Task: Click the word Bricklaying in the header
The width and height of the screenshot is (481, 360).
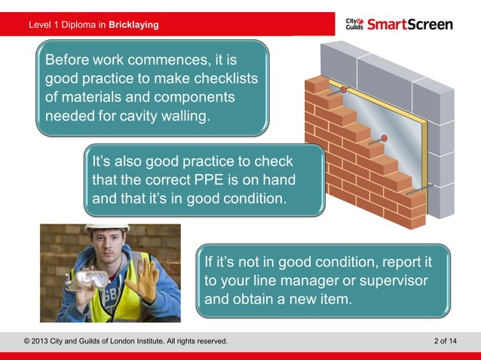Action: (133, 25)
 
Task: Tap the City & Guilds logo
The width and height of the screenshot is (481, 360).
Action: (354, 24)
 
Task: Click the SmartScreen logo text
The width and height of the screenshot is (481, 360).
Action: (411, 24)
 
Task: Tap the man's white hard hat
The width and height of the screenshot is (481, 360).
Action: (107, 227)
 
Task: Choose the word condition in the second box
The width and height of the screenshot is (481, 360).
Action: (249, 200)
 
